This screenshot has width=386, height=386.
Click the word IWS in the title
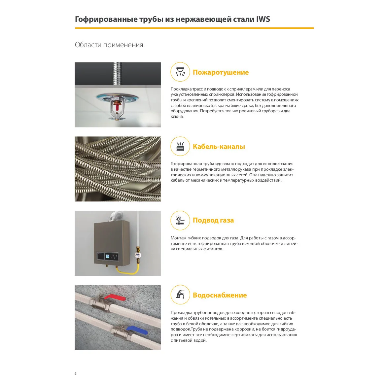tap(263, 19)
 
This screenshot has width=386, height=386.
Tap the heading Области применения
tap(110, 45)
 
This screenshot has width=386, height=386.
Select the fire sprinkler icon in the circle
tap(180, 72)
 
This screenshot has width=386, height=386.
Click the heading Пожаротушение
tap(221, 72)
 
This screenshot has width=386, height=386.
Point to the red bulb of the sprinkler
tap(117, 107)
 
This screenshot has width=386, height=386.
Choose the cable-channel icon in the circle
tap(180, 146)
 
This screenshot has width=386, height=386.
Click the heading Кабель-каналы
tap(219, 147)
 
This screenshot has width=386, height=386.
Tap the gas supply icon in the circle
tap(180, 220)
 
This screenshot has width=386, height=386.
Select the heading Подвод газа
tap(213, 220)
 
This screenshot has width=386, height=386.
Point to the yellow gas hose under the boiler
tap(127, 272)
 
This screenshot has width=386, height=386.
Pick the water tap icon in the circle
tap(180, 295)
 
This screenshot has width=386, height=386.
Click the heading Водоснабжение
tap(220, 295)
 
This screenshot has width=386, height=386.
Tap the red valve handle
tap(116, 298)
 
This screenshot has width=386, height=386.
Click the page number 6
tap(76, 373)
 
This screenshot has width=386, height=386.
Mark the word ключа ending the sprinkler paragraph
tap(177, 117)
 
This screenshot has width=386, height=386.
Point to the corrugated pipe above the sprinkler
tap(118, 73)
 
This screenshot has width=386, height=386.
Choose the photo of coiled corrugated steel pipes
tap(118, 169)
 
